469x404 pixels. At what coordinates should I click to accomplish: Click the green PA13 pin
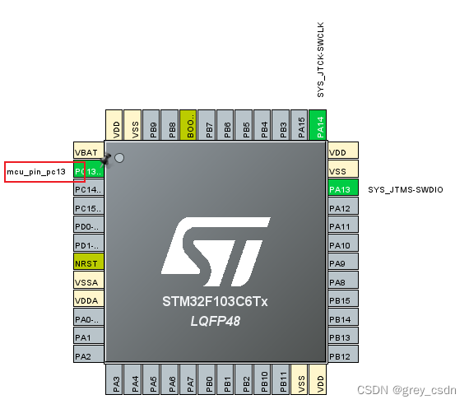click(x=343, y=189)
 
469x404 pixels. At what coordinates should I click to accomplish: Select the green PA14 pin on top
click(x=320, y=124)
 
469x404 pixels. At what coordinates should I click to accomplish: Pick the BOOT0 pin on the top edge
click(x=188, y=124)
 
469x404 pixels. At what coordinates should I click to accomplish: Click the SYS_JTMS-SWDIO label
click(x=406, y=190)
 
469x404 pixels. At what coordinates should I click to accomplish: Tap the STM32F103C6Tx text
click(x=215, y=302)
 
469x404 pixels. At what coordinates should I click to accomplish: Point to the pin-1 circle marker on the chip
click(x=119, y=158)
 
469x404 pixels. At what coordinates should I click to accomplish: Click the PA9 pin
click(x=343, y=263)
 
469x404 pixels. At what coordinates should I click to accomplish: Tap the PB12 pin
click(x=343, y=355)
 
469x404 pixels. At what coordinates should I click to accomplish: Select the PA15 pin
click(x=301, y=124)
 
